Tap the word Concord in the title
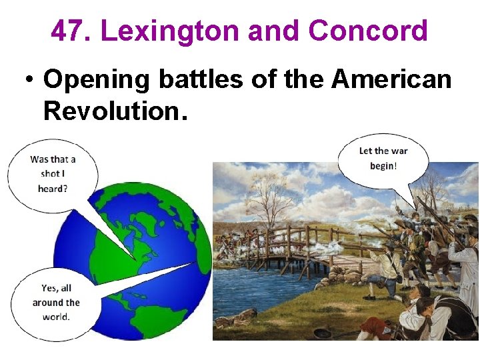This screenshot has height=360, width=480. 368,31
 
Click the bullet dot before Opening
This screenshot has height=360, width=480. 29,80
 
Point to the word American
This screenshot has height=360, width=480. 391,79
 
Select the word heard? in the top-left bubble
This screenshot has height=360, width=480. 53,189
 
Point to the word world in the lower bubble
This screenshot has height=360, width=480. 55,317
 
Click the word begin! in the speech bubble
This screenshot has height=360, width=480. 383,165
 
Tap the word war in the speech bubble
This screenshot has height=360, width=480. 399,151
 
